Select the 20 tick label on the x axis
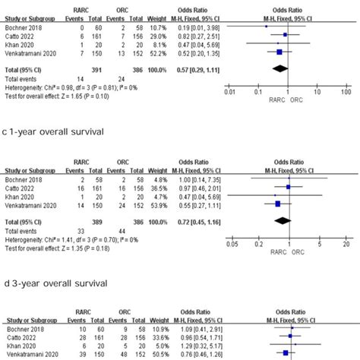[x=344, y=245]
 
